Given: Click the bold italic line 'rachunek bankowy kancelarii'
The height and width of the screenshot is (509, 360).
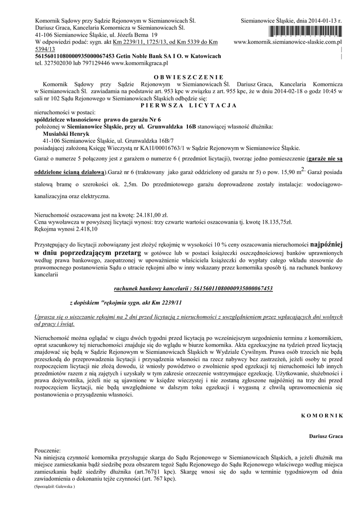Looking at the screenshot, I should tap(193, 288).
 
